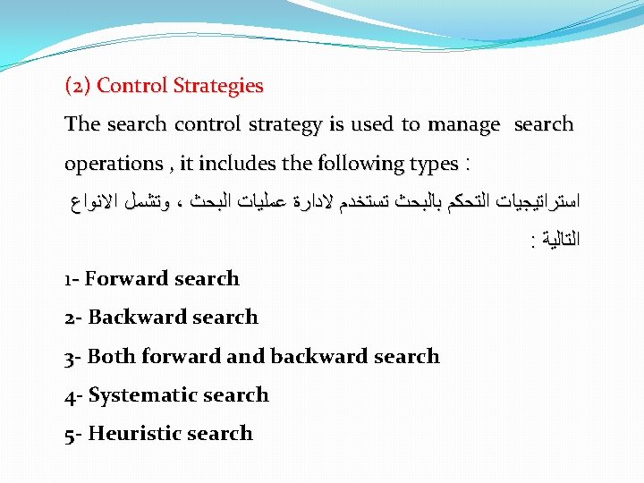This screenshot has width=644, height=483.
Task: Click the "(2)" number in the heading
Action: click(x=78, y=86)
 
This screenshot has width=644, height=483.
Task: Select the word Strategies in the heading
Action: click(x=219, y=86)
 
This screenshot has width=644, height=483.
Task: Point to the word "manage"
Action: click(x=463, y=125)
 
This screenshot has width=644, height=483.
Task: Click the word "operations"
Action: click(x=113, y=165)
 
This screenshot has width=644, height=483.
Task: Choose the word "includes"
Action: click(x=234, y=164)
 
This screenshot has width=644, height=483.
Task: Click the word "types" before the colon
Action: click(x=432, y=165)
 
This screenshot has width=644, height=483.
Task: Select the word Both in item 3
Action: click(x=111, y=357)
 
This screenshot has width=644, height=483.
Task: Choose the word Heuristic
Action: click(x=135, y=434)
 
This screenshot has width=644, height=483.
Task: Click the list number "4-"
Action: click(x=74, y=395)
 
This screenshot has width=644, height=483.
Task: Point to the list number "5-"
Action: click(x=74, y=434)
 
